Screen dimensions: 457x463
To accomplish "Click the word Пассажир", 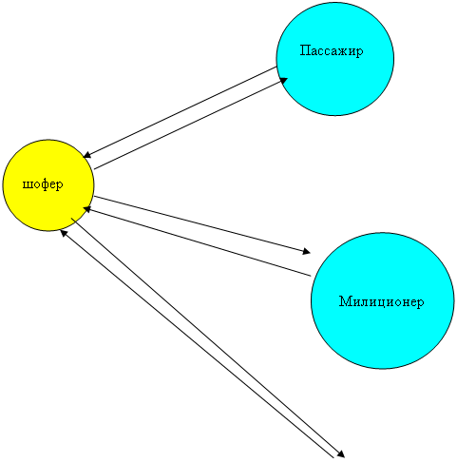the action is pyautogui.click(x=332, y=50).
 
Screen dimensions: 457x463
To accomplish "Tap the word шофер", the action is pyautogui.click(x=43, y=184).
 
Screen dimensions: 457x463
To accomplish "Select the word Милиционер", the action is pyautogui.click(x=381, y=301).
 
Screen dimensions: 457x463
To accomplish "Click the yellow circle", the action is pyautogui.click(x=48, y=185).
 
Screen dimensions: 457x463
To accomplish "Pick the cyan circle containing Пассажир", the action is pyautogui.click(x=335, y=59).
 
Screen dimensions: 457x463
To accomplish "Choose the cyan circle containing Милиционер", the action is pyautogui.click(x=382, y=300).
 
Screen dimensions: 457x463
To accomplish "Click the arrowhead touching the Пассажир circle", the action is pyautogui.click(x=283, y=81).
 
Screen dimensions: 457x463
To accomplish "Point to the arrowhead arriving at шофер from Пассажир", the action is pyautogui.click(x=86, y=155).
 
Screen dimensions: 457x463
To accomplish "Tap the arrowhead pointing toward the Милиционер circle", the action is pyautogui.click(x=306, y=251).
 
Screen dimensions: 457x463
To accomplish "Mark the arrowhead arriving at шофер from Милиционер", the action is pyautogui.click(x=86, y=209).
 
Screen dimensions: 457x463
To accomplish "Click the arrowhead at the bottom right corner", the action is pyautogui.click(x=340, y=453).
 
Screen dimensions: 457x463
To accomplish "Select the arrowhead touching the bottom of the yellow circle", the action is pyautogui.click(x=64, y=233).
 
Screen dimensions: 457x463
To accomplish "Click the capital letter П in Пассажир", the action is pyautogui.click(x=305, y=50).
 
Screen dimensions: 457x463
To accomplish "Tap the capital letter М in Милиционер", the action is pyautogui.click(x=345, y=301).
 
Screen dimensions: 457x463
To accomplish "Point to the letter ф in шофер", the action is pyautogui.click(x=45, y=184).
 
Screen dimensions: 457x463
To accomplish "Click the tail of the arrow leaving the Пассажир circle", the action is pyautogui.click(x=276, y=67).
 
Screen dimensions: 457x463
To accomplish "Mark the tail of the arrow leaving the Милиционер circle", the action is pyautogui.click(x=311, y=276).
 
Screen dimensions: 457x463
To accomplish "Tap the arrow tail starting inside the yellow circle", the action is pyautogui.click(x=71, y=219).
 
